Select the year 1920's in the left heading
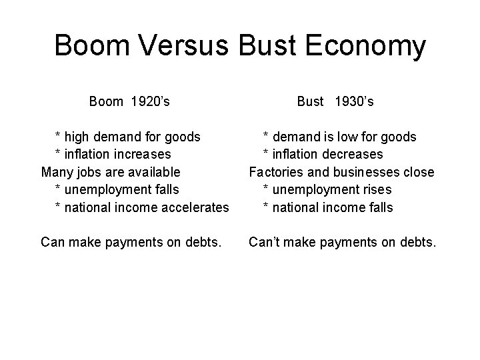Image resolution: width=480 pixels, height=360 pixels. coord(150,102)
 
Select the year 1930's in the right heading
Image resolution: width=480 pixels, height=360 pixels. coord(354,102)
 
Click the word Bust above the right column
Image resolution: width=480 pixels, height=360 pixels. coord(310,102)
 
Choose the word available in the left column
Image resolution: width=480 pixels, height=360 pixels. coord(152,172)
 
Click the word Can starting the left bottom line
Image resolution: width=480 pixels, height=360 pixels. coord(53,242)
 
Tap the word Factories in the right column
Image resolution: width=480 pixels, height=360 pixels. coord(275,172)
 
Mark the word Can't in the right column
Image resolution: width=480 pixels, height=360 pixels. coord(264,242)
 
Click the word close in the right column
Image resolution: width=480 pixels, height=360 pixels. coord(419,172)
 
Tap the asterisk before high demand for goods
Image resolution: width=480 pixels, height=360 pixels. coord(58,136)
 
